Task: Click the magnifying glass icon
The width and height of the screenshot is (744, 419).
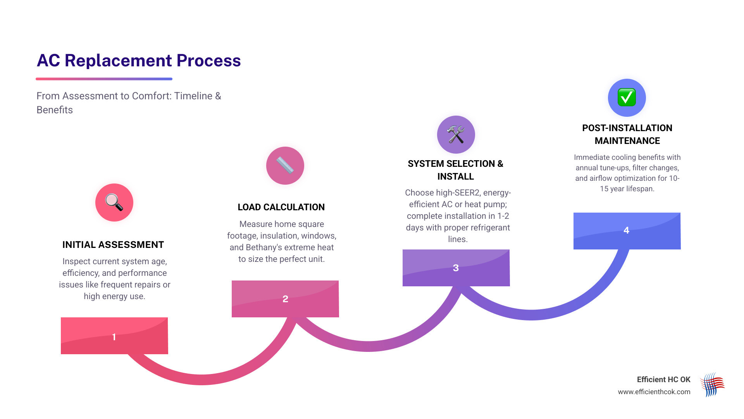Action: click(x=114, y=202)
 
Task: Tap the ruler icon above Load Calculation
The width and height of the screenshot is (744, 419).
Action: click(x=285, y=165)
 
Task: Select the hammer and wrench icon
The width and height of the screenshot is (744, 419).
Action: click(x=456, y=134)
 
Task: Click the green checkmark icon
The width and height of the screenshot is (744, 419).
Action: click(x=627, y=97)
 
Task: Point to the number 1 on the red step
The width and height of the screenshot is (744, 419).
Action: click(x=114, y=337)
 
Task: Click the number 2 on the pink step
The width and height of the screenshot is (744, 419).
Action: click(x=285, y=299)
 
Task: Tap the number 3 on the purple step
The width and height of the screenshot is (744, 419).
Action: click(x=456, y=268)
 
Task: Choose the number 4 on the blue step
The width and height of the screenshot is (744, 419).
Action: click(x=626, y=230)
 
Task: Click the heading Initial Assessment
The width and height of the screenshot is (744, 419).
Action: click(x=113, y=245)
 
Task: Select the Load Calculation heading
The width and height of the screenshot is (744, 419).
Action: click(x=281, y=207)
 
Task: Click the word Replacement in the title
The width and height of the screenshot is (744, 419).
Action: click(x=118, y=61)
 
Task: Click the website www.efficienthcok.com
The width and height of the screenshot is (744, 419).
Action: click(x=654, y=392)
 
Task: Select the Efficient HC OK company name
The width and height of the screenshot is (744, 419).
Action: click(x=663, y=379)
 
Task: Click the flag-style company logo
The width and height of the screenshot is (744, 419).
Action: click(x=712, y=384)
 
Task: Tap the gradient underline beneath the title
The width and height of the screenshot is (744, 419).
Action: click(x=104, y=79)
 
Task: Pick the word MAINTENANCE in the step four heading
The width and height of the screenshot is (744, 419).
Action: click(x=627, y=141)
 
